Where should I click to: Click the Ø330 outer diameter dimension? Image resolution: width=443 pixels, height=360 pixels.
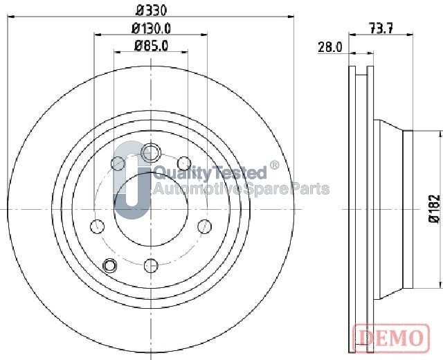(151, 11)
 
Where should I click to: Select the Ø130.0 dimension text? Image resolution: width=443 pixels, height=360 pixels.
(151, 28)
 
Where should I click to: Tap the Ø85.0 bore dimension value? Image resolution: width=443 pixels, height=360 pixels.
(151, 46)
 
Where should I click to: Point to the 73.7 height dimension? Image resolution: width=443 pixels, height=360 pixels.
(381, 28)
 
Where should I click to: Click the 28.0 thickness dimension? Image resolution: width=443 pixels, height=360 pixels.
(329, 47)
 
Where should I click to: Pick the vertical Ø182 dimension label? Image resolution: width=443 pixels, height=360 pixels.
(435, 209)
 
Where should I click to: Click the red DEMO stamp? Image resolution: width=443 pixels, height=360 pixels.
(391, 338)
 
